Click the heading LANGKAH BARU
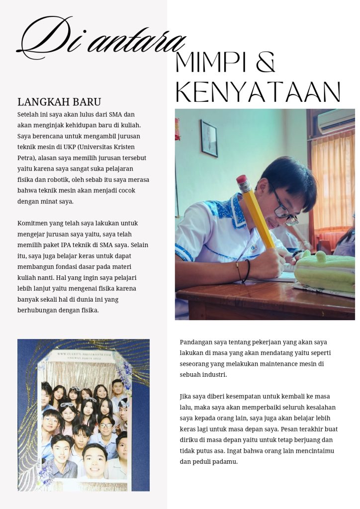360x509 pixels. tap(59, 102)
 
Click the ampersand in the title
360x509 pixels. tap(265, 62)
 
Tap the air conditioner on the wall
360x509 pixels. tap(336, 121)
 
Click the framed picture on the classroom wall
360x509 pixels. tap(209, 138)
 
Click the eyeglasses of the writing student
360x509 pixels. tap(283, 211)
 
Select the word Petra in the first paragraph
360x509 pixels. tap(26, 158)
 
